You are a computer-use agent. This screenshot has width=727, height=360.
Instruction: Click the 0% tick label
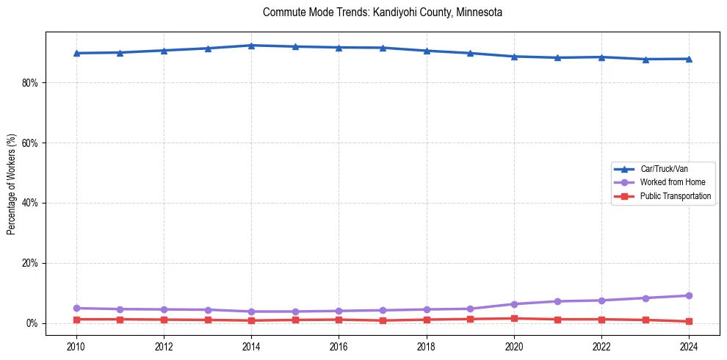[32, 324]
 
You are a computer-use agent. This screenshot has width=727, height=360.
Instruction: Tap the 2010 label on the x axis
[76, 346]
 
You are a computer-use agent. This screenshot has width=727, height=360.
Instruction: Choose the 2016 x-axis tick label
[339, 346]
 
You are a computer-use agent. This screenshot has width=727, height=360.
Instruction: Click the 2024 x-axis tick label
[689, 346]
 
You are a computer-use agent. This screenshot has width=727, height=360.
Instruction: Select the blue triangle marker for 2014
[251, 46]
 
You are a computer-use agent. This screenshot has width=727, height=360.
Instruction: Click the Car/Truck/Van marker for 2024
[689, 59]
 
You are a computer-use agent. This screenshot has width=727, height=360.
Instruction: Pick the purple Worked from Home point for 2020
[514, 304]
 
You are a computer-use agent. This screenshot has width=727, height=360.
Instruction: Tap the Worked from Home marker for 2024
[689, 295]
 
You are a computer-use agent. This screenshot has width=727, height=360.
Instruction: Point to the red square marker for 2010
[76, 320]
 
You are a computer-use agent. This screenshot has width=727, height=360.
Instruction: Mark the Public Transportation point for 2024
[689, 321]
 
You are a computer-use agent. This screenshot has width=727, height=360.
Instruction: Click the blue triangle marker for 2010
[76, 53]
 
